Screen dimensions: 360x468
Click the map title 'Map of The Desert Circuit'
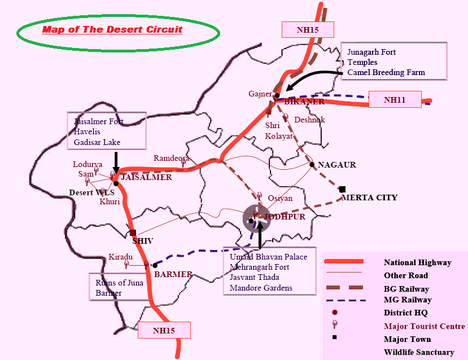pyautogui.click(x=112, y=29)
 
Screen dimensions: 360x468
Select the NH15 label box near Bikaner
pyautogui.click(x=307, y=29)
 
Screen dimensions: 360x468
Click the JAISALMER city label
pyautogui.click(x=146, y=177)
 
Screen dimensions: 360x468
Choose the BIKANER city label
pyautogui.click(x=304, y=102)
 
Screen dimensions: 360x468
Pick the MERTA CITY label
pyautogui.click(x=370, y=198)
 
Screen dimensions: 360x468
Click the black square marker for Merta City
pyautogui.click(x=342, y=189)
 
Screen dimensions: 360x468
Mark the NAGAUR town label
pyautogui.click(x=337, y=165)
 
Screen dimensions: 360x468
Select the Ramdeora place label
pyautogui.click(x=171, y=159)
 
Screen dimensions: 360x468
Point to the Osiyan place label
pyautogui.click(x=280, y=198)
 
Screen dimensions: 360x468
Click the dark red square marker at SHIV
pyautogui.click(x=133, y=232)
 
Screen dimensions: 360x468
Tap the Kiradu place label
pyautogui.click(x=120, y=256)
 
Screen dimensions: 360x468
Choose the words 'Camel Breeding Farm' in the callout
pyautogui.click(x=386, y=72)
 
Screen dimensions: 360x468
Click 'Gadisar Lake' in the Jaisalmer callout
pyautogui.click(x=97, y=142)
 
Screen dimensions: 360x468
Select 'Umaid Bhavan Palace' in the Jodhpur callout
pyautogui.click(x=269, y=257)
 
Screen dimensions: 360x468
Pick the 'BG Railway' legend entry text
pyautogui.click(x=406, y=289)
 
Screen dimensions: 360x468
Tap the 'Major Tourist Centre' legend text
pyautogui.click(x=424, y=326)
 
